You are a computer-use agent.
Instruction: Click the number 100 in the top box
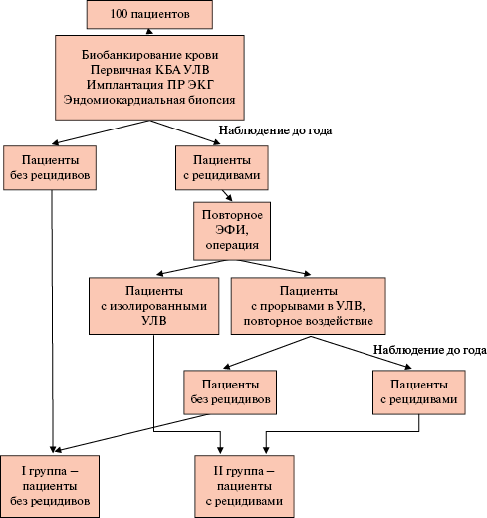click(119, 14)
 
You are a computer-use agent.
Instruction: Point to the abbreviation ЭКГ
click(200, 85)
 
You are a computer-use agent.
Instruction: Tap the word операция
click(232, 245)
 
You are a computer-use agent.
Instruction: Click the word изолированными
click(158, 306)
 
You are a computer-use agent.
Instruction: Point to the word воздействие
click(340, 321)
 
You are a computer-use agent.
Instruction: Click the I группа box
click(50, 486)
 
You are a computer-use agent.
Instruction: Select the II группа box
click(244, 486)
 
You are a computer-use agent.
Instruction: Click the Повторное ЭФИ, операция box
click(232, 231)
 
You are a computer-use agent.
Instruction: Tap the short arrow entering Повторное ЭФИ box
click(227, 196)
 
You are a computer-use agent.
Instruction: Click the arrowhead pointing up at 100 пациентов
click(149, 31)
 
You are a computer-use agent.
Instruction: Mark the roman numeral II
click(218, 471)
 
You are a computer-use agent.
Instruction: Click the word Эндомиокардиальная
click(124, 100)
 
